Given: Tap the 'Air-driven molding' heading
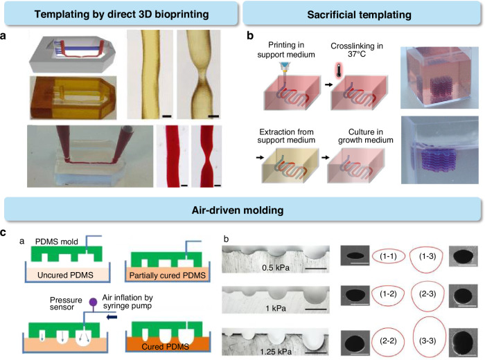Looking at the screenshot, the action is (242, 206).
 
